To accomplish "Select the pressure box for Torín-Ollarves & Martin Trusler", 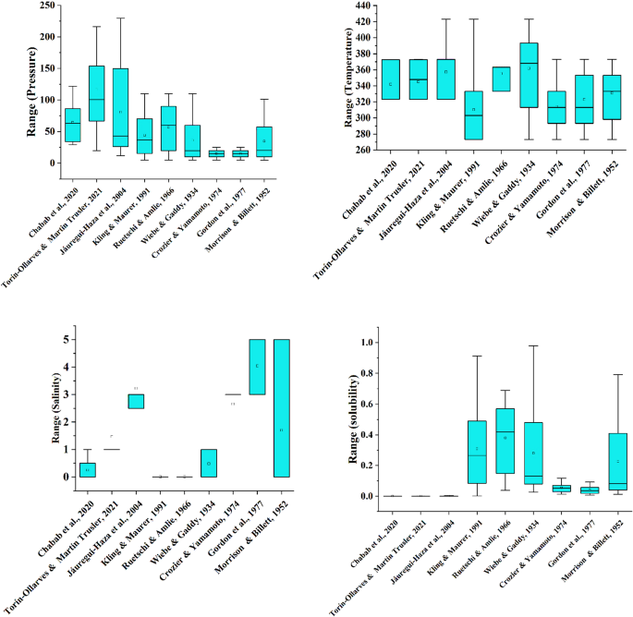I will pos(96,106).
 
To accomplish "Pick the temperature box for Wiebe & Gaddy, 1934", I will pos(529,75).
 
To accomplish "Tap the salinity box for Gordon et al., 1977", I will pos(257,367).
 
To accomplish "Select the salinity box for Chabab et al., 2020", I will pos(87,469).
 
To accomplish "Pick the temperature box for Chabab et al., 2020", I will pos(391,79).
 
